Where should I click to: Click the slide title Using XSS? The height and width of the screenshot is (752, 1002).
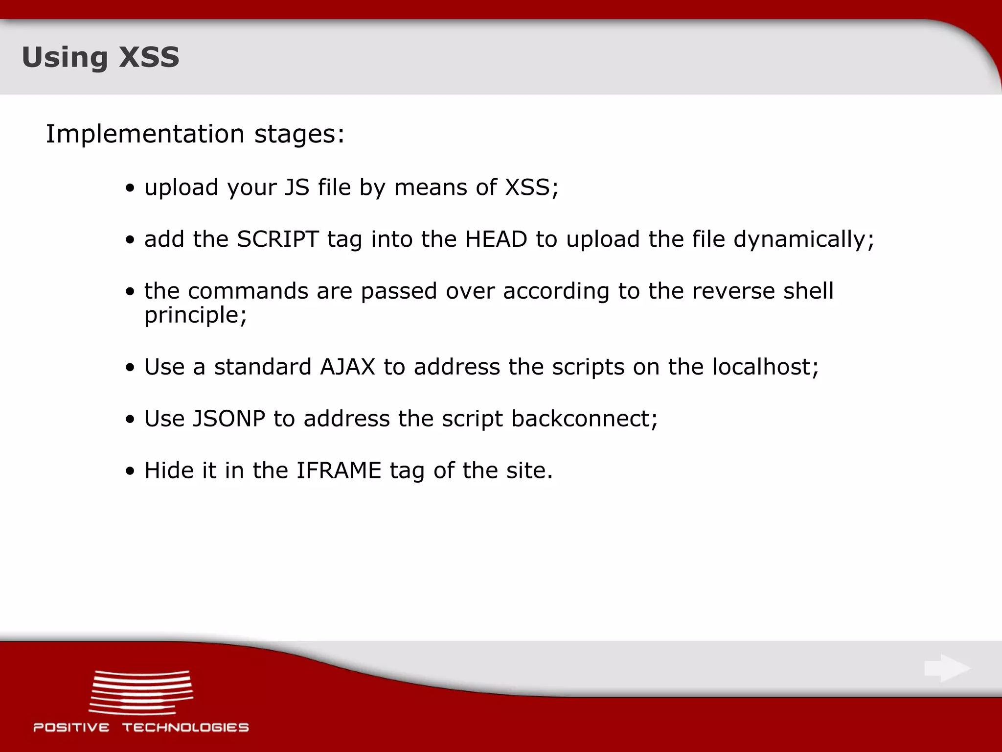[100, 57]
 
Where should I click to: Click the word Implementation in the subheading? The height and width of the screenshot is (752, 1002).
[145, 134]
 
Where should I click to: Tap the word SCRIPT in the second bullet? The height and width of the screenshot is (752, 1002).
[278, 239]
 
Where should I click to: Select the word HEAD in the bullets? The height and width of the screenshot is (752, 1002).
[496, 239]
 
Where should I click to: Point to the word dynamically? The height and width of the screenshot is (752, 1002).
[803, 239]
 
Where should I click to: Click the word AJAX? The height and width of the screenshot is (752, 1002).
[347, 367]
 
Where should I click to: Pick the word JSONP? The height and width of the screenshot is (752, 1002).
[229, 419]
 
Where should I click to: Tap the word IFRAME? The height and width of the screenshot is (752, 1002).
[339, 470]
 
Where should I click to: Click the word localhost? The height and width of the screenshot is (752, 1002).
[765, 367]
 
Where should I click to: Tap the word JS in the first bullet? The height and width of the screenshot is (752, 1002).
[297, 188]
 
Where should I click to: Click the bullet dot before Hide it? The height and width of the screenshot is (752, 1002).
[130, 472]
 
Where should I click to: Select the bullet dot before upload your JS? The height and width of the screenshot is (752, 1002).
[130, 189]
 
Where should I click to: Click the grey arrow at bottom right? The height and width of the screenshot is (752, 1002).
[947, 668]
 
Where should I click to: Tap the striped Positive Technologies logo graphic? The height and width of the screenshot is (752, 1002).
[141, 692]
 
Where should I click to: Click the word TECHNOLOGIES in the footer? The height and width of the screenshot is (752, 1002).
[185, 728]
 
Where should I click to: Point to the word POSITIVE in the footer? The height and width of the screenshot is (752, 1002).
[71, 728]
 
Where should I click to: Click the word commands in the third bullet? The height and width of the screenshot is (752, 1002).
[248, 291]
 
